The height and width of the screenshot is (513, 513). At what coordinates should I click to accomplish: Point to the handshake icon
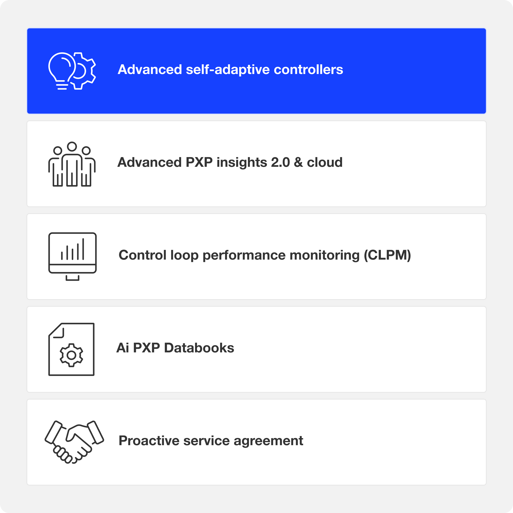tap(74, 442)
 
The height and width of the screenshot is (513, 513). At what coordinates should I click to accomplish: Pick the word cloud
tap(325, 162)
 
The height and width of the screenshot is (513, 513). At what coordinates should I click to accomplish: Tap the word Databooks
tap(199, 348)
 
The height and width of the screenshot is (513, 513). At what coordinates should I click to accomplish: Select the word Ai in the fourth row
tap(123, 348)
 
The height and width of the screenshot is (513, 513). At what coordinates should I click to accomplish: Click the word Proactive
tap(149, 441)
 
